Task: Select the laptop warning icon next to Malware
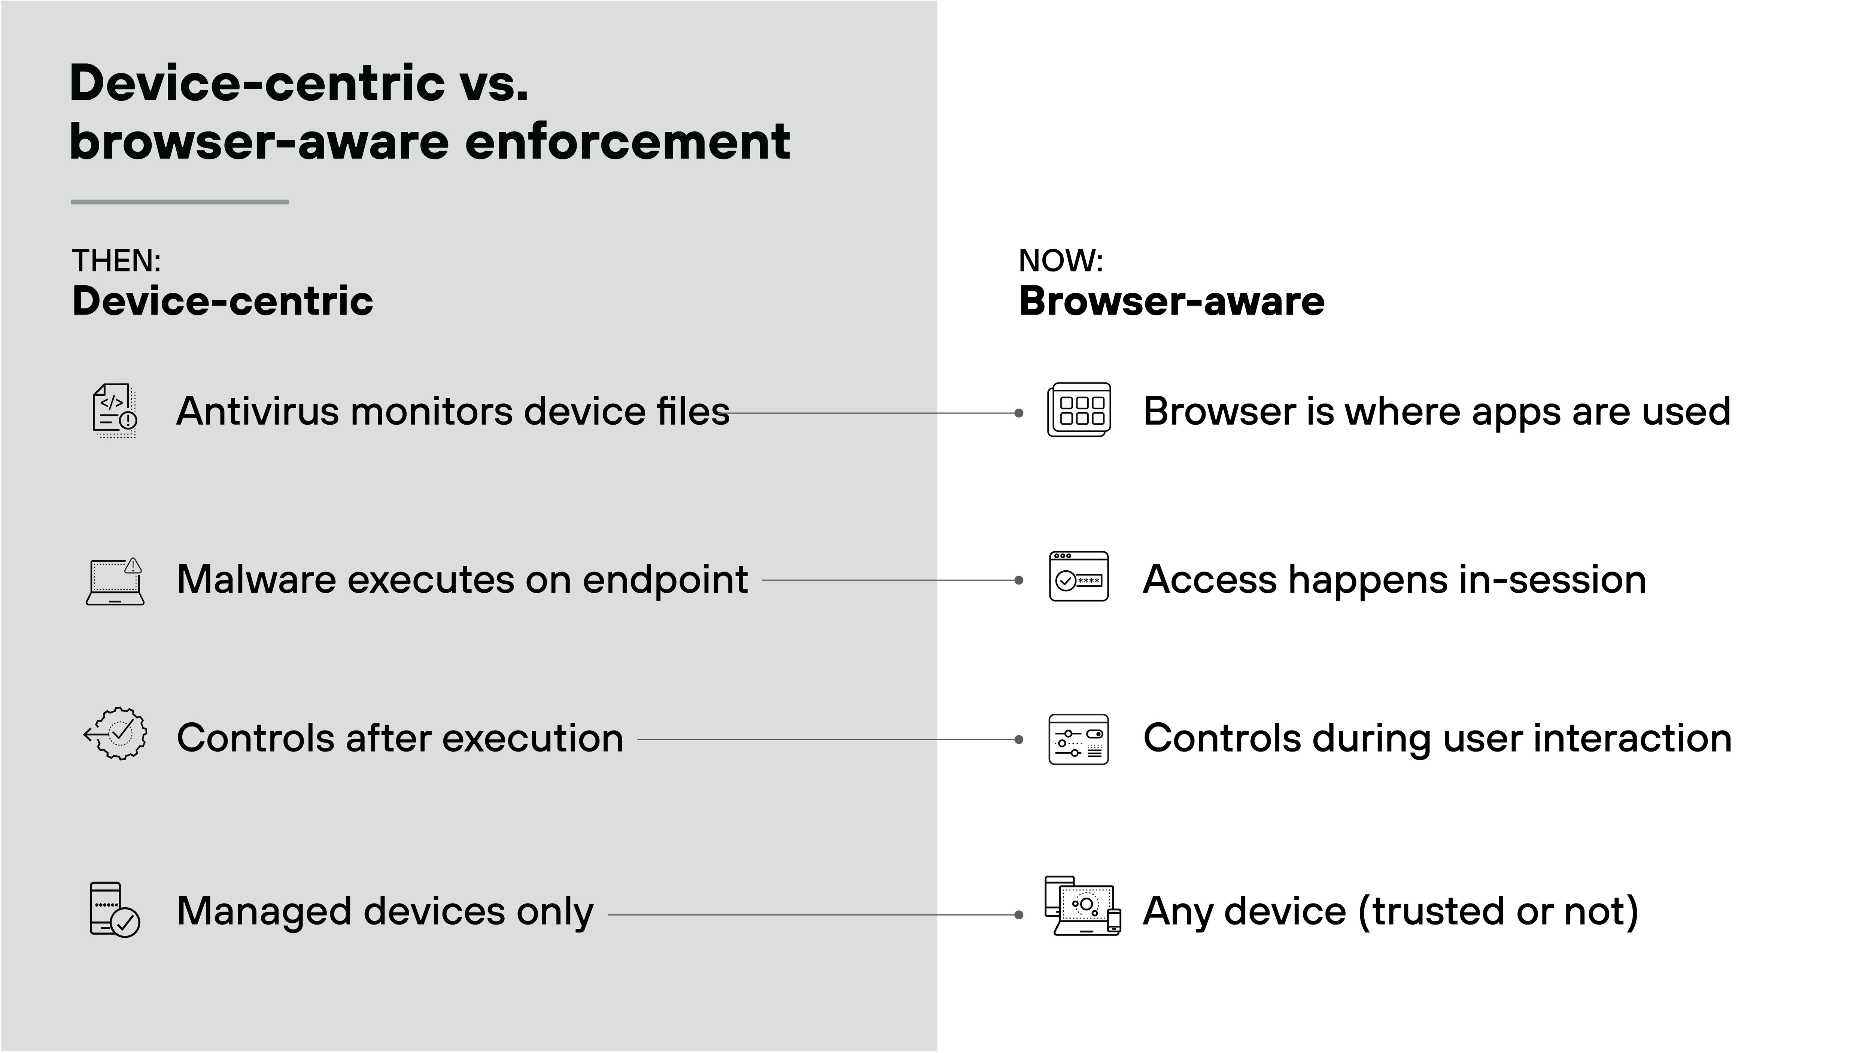[x=115, y=582]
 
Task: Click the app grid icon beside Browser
[x=1079, y=410]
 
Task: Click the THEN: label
[x=116, y=261]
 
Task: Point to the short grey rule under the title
[x=179, y=202]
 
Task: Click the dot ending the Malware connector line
[x=1019, y=581]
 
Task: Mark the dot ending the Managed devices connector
[x=1019, y=915]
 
